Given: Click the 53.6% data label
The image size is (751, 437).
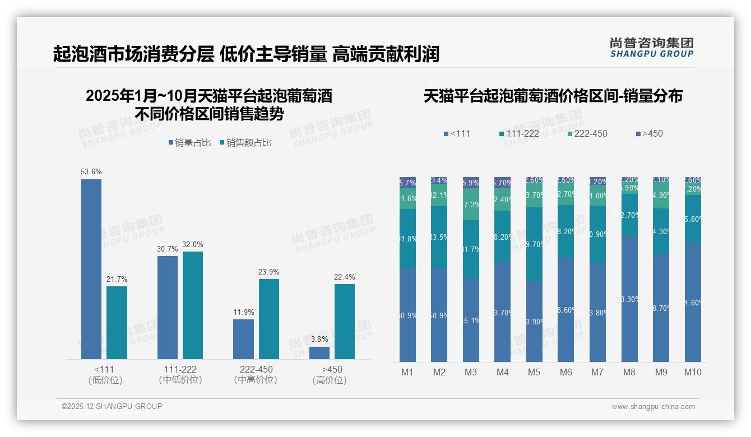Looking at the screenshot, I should (91, 171).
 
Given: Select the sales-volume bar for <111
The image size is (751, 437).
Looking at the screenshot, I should (91, 269).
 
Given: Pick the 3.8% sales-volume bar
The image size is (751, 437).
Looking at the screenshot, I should (319, 353).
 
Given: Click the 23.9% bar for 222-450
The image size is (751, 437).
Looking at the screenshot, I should (269, 319).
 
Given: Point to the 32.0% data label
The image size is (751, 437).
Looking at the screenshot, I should (193, 244).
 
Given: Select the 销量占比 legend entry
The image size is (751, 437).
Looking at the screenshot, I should (189, 143).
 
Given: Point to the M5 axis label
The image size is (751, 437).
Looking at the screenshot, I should (534, 372).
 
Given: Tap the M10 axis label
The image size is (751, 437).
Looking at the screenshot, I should (693, 372).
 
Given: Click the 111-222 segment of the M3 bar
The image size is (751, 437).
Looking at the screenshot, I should (471, 249).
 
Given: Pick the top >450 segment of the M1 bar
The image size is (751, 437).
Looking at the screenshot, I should (407, 182).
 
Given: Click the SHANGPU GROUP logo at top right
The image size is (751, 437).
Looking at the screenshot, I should (651, 48).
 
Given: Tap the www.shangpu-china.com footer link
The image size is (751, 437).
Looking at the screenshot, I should (653, 407).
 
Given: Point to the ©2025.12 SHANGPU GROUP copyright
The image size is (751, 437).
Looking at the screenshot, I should (112, 406).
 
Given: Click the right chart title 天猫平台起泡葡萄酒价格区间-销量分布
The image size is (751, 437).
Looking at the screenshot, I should (553, 96).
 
